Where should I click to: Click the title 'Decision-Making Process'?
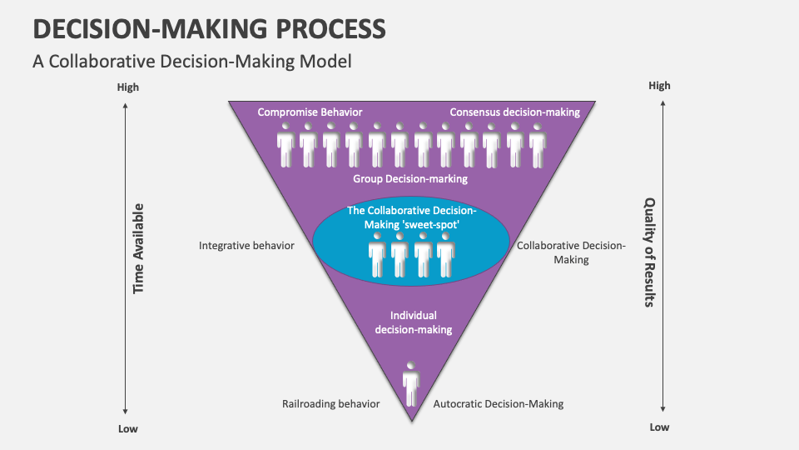[209, 28]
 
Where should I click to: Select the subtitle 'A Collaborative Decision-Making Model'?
[192, 61]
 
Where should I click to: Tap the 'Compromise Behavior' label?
[310, 112]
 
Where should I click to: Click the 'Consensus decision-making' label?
[514, 112]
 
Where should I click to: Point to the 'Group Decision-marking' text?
[410, 178]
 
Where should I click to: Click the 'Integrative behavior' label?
[246, 246]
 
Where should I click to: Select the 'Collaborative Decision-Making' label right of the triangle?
[571, 252]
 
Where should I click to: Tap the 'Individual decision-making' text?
[413, 322]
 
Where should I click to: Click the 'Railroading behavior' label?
[330, 403]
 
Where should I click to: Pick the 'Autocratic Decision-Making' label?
[499, 403]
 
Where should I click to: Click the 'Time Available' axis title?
[139, 248]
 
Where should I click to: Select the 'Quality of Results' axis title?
[649, 252]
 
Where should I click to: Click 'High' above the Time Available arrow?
[128, 87]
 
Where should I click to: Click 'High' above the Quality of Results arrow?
[659, 86]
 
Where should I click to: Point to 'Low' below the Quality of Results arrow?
[659, 427]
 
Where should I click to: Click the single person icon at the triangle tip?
[410, 382]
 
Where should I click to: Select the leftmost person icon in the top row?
[286, 145]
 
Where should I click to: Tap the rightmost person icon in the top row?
[538, 145]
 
